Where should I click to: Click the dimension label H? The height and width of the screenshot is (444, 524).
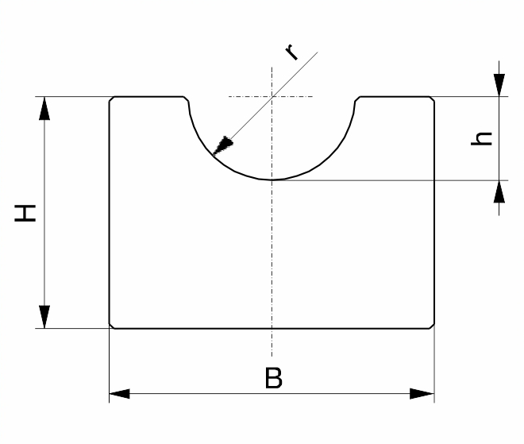click(25, 214)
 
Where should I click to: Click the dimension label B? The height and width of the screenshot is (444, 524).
click(274, 378)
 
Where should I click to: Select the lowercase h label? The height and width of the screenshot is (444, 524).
click(482, 139)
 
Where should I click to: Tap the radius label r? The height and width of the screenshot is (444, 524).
click(291, 52)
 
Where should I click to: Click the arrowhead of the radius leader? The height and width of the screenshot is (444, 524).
click(222, 146)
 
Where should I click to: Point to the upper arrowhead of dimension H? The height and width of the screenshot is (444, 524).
click(44, 108)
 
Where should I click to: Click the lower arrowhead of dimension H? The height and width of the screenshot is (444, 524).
click(44, 317)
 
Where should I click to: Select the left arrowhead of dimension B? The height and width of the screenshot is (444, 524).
click(119, 393)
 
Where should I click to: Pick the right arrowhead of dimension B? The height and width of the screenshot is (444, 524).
click(422, 393)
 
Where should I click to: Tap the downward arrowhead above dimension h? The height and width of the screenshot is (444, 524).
click(499, 85)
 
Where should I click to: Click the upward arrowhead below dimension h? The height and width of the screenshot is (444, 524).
click(499, 191)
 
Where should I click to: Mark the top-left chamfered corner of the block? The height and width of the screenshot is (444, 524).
click(112, 99)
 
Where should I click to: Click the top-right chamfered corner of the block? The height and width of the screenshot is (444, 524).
click(432, 99)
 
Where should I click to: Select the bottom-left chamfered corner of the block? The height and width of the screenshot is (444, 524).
click(112, 326)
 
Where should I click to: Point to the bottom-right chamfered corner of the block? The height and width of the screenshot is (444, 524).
click(432, 326)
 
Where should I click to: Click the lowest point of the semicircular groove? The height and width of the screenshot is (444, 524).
click(272, 180)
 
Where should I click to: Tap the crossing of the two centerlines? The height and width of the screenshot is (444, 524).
click(272, 97)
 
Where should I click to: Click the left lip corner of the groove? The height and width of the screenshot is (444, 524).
click(187, 99)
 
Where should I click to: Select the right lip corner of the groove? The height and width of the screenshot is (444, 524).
click(357, 99)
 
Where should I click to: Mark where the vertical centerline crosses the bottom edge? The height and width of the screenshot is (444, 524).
click(272, 328)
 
